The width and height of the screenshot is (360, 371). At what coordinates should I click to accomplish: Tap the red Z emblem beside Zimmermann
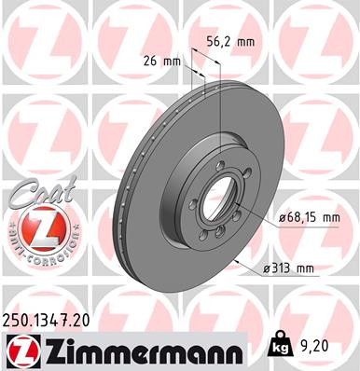tap(21, 350)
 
